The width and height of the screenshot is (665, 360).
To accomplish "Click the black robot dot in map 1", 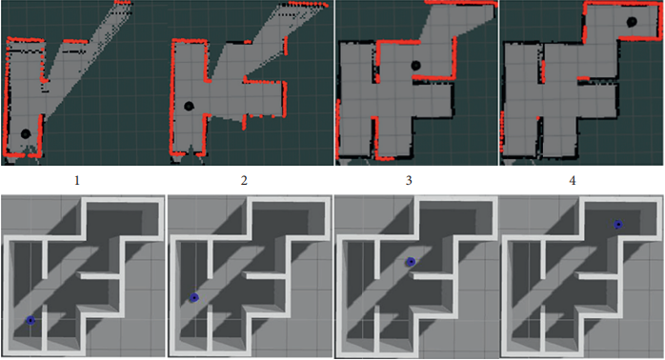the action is [x=26, y=134].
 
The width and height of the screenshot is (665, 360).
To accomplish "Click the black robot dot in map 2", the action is [x=190, y=106].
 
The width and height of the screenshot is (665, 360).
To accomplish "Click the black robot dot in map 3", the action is [x=415, y=66].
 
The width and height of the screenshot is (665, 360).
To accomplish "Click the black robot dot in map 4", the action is [x=632, y=22].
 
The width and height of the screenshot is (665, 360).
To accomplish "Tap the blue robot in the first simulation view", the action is [x=30, y=320].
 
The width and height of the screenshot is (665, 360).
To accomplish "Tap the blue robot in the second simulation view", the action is [x=193, y=298].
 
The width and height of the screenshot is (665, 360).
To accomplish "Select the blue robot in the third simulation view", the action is [x=411, y=262].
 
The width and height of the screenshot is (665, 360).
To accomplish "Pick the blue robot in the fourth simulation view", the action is [x=618, y=225].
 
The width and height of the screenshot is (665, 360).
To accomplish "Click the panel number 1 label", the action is [x=77, y=181].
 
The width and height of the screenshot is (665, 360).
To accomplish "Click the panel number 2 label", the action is [x=244, y=181].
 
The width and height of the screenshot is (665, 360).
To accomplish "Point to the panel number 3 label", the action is [x=409, y=181].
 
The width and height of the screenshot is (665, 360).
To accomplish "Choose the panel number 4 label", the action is [x=573, y=181].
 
